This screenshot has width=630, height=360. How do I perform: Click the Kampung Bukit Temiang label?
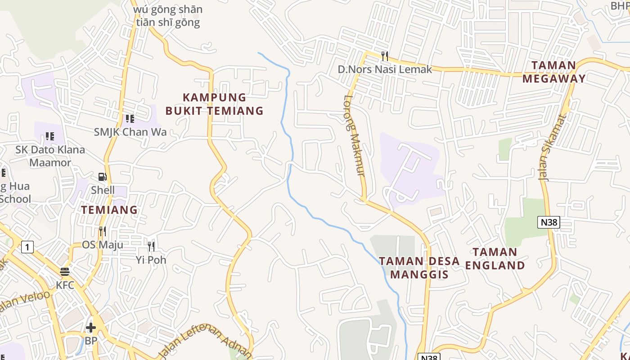[x=214, y=104]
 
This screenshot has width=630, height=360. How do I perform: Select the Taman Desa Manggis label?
[x=419, y=268]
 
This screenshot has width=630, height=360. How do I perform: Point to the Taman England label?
[x=495, y=259]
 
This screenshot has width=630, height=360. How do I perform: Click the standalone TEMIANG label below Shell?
[x=109, y=210]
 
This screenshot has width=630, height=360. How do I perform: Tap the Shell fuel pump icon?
[x=103, y=177]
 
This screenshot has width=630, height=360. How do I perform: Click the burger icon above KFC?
[x=65, y=272]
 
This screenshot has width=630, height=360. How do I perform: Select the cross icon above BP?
[x=91, y=327]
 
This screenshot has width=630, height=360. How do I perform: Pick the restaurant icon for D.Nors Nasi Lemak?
[x=385, y=56]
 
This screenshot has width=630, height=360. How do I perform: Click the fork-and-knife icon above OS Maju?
[x=103, y=231]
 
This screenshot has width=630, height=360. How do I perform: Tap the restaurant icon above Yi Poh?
[x=151, y=246]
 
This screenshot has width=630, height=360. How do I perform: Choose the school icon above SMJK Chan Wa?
[x=130, y=119]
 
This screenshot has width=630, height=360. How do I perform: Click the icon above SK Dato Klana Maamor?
[x=50, y=136]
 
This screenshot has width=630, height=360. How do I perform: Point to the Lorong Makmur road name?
[x=355, y=135]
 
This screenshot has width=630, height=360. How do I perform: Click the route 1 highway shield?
[x=27, y=247]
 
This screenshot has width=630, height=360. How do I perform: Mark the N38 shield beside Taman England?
[x=548, y=222]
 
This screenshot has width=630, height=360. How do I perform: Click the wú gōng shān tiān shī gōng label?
[x=168, y=16]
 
